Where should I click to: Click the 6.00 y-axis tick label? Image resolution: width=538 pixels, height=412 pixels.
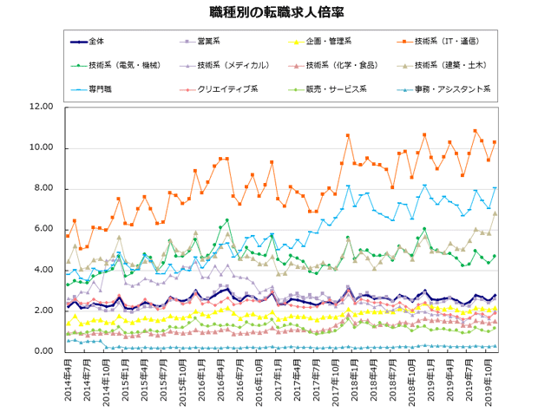point(44,230)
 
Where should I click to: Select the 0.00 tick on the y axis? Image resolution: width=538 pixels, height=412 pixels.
point(44,351)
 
